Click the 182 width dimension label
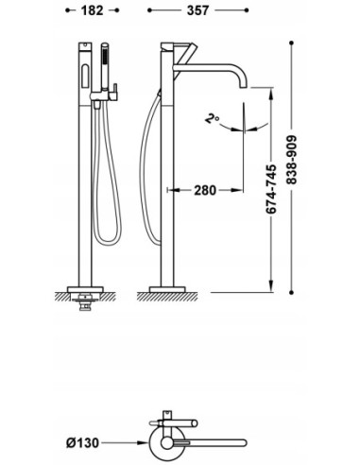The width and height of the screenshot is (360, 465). coord(92,10)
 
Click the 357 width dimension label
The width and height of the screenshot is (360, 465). coord(197,10)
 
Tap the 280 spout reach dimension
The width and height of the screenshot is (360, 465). coord(205,190)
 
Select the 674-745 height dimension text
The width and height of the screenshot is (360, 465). coord(271,189)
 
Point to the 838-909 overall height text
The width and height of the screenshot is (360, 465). coord(292,160)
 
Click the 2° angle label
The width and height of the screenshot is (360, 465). coord(212,119)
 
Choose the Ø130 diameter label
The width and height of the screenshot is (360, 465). coord(83,442)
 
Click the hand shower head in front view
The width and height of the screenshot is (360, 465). coord(105,67)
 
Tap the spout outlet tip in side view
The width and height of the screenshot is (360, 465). coord(243,86)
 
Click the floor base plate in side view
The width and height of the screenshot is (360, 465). coord(167,289)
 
